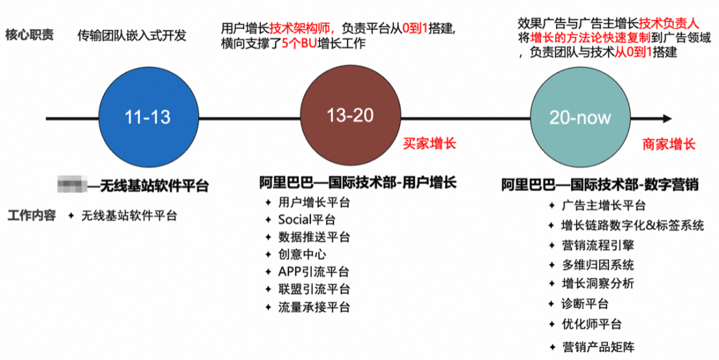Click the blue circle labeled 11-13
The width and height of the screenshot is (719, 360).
pyautogui.click(x=147, y=117)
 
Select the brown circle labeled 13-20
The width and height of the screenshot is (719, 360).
pyautogui.click(x=350, y=116)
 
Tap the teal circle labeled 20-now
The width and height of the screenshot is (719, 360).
pyautogui.click(x=580, y=118)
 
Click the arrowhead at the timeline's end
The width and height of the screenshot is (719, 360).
pyautogui.click(x=666, y=118)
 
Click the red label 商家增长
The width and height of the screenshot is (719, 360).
pyautogui.click(x=668, y=144)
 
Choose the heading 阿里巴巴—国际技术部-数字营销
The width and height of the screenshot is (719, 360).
pyautogui.click(x=600, y=185)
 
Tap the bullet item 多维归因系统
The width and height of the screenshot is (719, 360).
pyautogui.click(x=598, y=265)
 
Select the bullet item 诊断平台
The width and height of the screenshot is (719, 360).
pyautogui.click(x=585, y=304)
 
